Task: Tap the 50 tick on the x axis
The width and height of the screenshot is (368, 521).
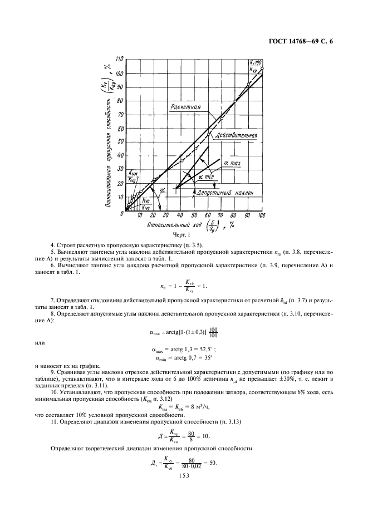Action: (x=194, y=216)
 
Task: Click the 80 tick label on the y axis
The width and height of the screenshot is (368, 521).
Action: (x=120, y=101)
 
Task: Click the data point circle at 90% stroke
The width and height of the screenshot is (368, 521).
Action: (x=248, y=85)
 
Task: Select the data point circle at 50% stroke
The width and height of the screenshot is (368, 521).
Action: (x=195, y=149)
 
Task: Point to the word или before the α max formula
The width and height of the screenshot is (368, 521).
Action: (x=40, y=342)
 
